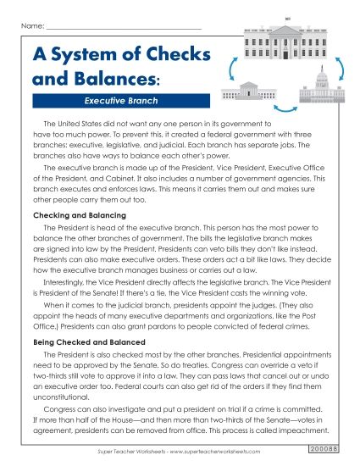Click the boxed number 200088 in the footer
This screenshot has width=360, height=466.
pyautogui.click(x=324, y=446)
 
